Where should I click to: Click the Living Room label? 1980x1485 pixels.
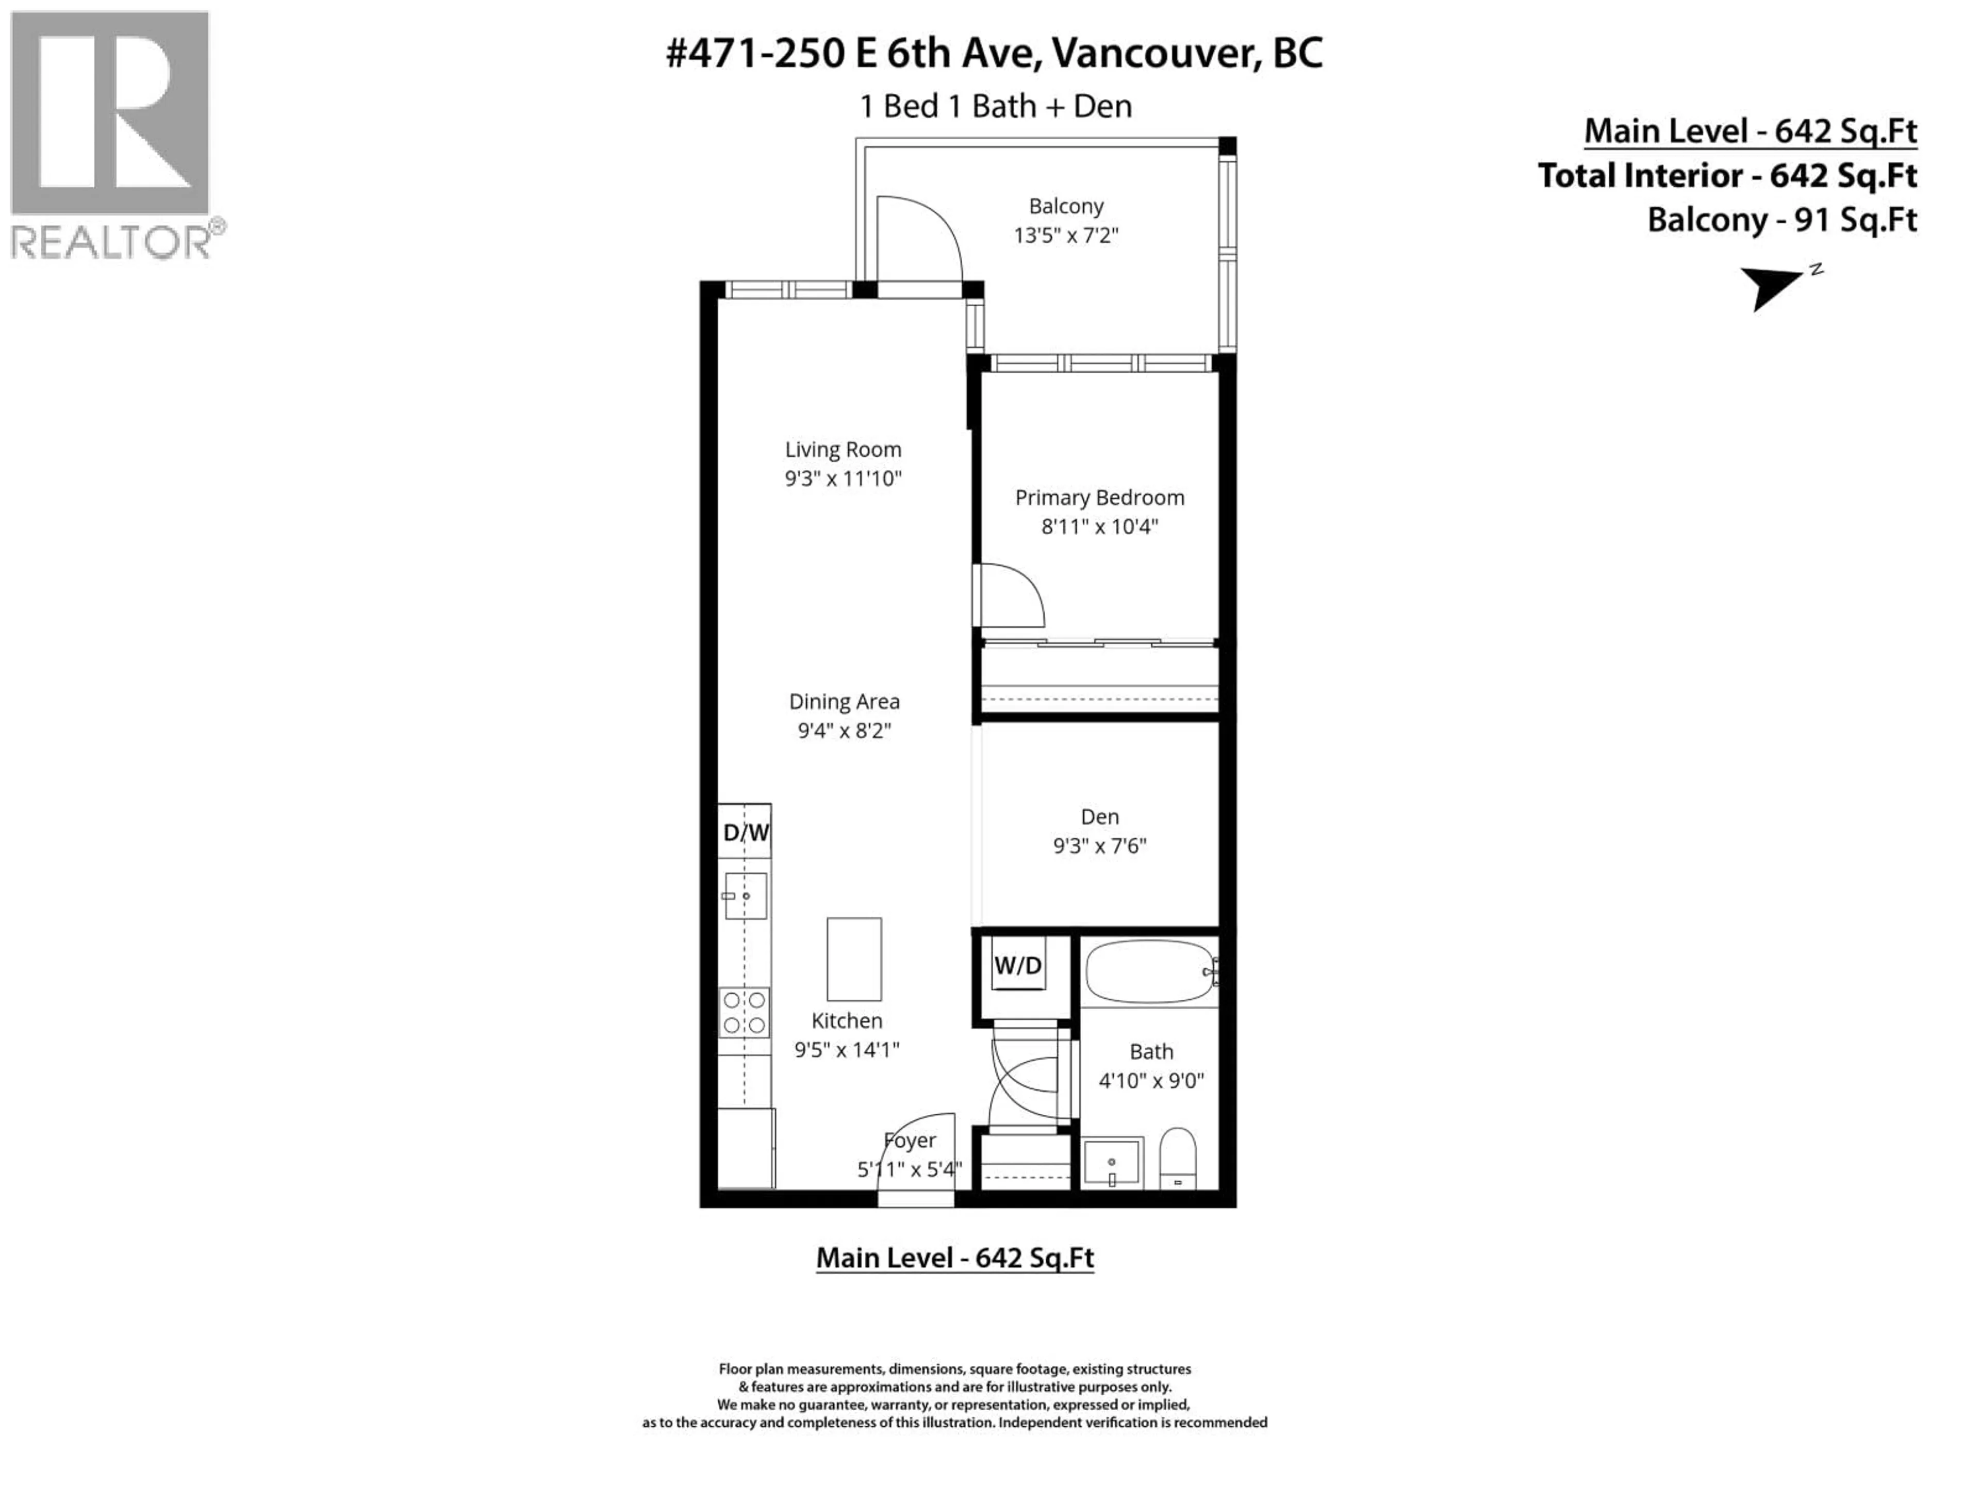tap(843, 449)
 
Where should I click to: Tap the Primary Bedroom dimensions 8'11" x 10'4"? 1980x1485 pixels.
tap(1099, 526)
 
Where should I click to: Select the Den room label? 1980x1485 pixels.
tap(1099, 816)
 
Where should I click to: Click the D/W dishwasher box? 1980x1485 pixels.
tap(745, 832)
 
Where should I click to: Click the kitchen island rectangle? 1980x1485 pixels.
tap(854, 959)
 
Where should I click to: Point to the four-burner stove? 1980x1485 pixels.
tap(745, 1012)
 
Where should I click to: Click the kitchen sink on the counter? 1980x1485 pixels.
tap(746, 896)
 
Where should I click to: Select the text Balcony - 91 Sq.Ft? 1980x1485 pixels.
tap(1781, 220)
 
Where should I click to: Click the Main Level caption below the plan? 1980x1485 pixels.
tap(954, 1258)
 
